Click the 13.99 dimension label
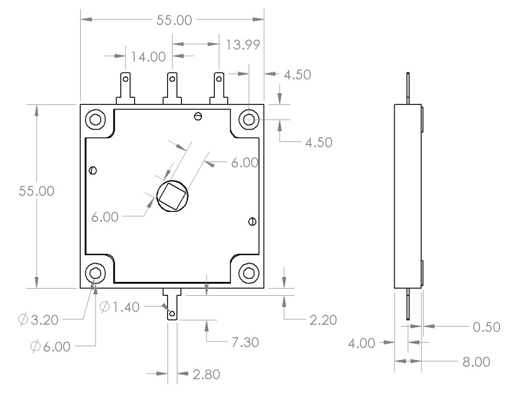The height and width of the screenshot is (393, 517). click(242, 45)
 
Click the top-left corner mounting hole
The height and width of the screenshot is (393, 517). click(95, 120)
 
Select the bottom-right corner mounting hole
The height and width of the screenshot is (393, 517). click(250, 273)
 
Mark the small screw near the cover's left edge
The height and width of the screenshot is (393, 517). click(93, 170)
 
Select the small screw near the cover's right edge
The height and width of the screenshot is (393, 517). click(252, 221)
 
